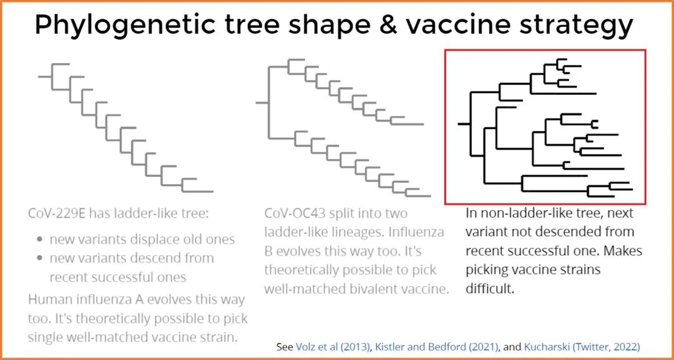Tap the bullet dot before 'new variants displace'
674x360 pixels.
40,240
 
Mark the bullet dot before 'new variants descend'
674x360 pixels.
40,258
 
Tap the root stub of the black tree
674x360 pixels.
464,124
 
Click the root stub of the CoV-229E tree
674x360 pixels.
44,76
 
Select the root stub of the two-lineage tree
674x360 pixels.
262,102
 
